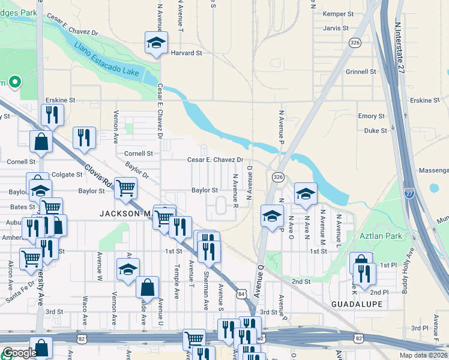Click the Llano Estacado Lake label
click(x=107, y=61)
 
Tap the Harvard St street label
click(x=186, y=53)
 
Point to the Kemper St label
click(x=339, y=14)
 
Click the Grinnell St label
click(x=360, y=72)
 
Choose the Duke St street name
click(x=375, y=130)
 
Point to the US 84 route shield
click(x=241, y=293)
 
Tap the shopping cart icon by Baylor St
click(x=125, y=188)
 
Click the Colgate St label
click(x=66, y=175)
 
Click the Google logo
click(x=20, y=353)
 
